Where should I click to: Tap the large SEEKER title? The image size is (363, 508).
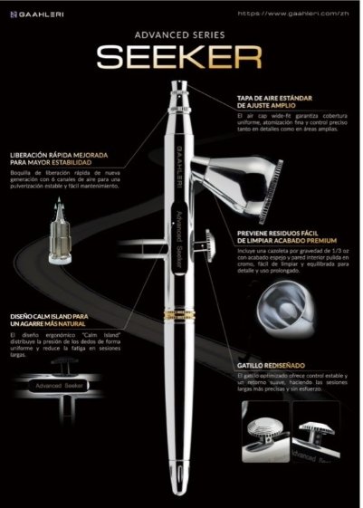(180, 58)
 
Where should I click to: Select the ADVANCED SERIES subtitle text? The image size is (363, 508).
(180, 34)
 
